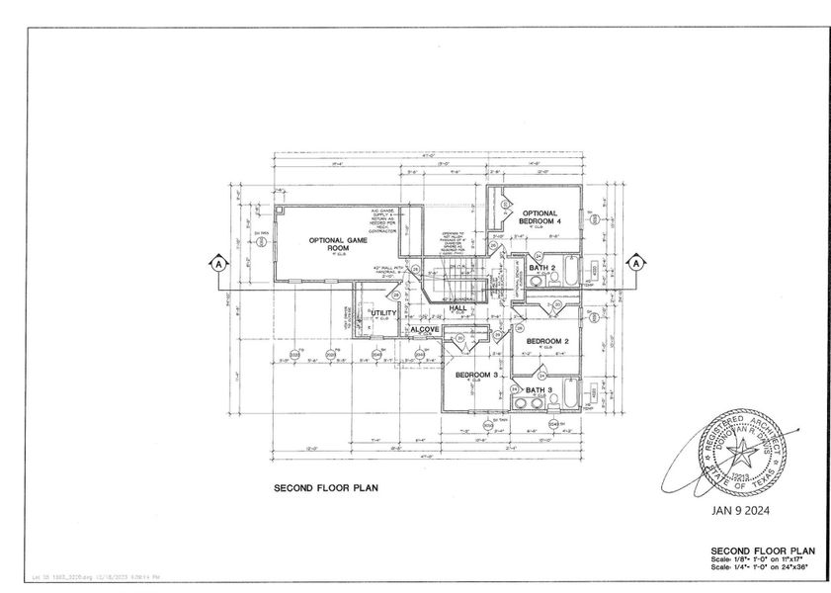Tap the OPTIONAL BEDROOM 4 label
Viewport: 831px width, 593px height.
540,217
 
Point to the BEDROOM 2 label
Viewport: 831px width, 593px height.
546,341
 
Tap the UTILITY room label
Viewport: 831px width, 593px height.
383,313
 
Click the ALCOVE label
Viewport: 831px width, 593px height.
425,328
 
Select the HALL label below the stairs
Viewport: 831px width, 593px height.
457,308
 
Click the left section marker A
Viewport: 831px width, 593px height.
216,263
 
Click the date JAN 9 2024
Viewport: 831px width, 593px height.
740,512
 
